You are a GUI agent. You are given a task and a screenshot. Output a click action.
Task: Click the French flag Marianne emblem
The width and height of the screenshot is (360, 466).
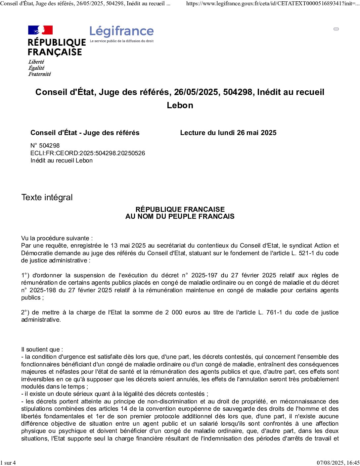(x=40, y=30)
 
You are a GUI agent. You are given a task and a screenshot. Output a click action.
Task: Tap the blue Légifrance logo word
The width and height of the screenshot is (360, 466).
(x=121, y=31)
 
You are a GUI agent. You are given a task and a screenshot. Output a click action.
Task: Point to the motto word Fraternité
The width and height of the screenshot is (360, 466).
(x=39, y=74)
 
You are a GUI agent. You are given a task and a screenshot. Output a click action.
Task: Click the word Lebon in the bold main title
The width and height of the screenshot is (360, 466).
(x=180, y=105)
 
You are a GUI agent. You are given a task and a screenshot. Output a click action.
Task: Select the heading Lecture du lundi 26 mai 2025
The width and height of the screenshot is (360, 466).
(x=228, y=133)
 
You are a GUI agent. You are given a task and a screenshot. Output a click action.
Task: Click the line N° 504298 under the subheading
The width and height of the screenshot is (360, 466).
(x=45, y=145)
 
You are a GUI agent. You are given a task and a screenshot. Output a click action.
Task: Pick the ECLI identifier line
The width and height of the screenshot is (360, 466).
(x=88, y=153)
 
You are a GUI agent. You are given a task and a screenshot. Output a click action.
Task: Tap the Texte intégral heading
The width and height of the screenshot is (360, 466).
(x=47, y=197)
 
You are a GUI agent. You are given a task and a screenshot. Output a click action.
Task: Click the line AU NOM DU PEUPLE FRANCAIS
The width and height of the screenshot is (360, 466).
(x=180, y=216)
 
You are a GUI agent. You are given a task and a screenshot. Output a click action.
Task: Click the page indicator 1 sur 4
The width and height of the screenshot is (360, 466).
(x=8, y=463)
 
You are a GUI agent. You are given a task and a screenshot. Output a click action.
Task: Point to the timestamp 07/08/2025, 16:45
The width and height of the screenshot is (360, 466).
(x=338, y=463)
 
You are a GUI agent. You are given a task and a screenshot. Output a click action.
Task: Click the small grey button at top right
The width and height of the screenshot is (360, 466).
(x=336, y=29)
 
